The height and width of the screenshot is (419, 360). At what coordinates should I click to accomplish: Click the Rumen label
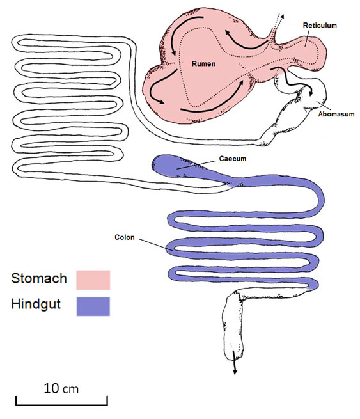click(x=203, y=64)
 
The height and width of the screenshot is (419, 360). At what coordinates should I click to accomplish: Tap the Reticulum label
click(x=320, y=26)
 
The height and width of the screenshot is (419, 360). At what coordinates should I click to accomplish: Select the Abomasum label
click(x=336, y=114)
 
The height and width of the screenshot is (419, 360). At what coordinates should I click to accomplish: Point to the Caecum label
click(x=233, y=159)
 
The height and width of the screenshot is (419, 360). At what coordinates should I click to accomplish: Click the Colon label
click(x=125, y=237)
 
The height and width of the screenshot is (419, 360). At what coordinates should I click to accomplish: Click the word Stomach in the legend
click(x=39, y=278)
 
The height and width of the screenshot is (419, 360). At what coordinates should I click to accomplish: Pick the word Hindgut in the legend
click(x=36, y=304)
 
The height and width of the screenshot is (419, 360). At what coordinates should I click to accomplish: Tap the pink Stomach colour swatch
click(x=93, y=280)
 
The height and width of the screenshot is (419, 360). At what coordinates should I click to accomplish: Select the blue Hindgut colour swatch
click(x=93, y=306)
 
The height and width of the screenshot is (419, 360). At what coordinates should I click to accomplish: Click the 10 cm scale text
click(x=61, y=388)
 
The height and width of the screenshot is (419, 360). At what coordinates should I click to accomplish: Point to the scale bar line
click(x=61, y=404)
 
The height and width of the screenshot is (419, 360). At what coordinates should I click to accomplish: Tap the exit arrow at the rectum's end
click(x=235, y=363)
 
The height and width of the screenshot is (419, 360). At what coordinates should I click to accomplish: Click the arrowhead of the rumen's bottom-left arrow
click(x=160, y=101)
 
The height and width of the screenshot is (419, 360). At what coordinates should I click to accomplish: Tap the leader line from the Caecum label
click(x=196, y=165)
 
